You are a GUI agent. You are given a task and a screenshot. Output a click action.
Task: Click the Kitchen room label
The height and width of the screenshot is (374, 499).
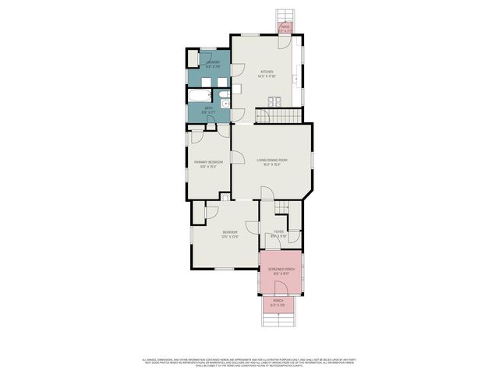click(267, 72)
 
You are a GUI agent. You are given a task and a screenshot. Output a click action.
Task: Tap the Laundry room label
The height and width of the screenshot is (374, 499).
click(213, 62)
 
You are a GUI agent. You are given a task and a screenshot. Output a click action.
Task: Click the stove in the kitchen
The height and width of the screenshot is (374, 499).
click(274, 100)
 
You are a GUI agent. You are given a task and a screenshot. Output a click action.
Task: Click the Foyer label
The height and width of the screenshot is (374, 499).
click(278, 231)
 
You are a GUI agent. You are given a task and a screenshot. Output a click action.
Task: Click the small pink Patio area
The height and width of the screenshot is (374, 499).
click(285, 29)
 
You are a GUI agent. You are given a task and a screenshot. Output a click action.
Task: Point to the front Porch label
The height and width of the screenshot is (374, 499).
click(278, 301)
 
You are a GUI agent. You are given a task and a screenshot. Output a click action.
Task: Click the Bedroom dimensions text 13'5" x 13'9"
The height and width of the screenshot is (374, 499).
click(230, 236)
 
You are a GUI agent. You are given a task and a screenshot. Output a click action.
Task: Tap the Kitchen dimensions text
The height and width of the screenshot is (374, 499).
click(267, 76)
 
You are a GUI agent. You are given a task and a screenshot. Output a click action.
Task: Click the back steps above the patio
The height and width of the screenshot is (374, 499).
click(285, 16)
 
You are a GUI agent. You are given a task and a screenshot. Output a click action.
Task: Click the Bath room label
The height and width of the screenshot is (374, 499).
click(208, 108)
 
